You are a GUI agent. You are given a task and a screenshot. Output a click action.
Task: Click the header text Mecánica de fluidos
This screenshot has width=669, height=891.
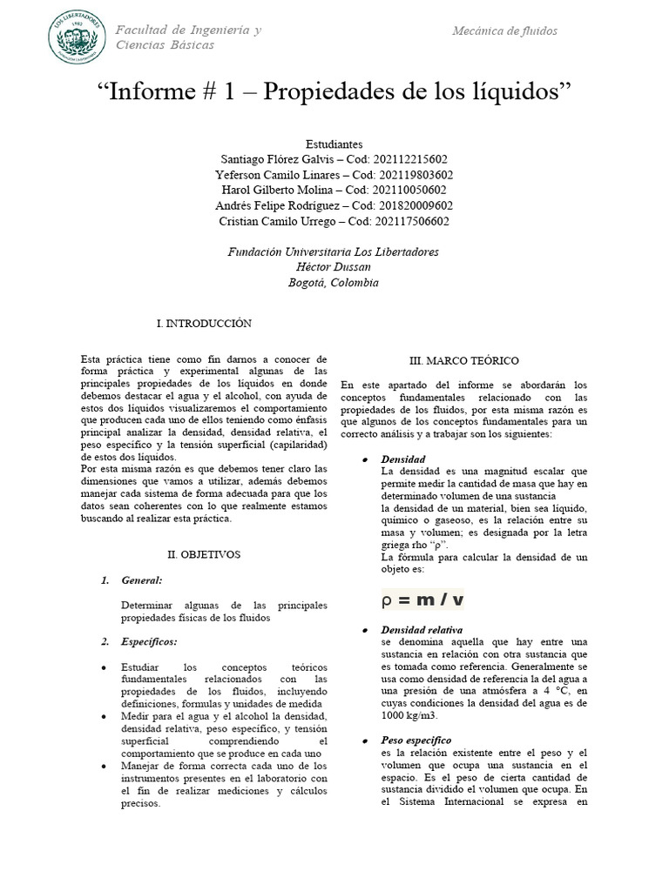point(505,31)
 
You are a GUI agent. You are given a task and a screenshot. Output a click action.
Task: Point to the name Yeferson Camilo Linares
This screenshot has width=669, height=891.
point(279,175)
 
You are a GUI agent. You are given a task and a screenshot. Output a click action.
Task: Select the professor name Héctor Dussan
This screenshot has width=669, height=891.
point(334,267)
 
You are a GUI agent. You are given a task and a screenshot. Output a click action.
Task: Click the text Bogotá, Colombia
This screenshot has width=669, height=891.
point(334,283)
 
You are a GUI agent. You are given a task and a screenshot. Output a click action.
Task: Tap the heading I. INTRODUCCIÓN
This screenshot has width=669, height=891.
point(204,324)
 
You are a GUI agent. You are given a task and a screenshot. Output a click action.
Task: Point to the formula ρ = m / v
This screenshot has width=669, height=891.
point(423,600)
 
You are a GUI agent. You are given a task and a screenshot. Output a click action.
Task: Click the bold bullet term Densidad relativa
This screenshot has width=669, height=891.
point(422,629)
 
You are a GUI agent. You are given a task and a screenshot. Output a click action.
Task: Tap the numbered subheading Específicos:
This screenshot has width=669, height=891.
point(149,641)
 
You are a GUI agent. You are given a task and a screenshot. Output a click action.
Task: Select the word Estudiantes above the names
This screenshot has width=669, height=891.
point(334,144)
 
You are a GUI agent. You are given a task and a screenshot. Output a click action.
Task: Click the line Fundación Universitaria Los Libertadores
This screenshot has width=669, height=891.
point(334,251)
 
